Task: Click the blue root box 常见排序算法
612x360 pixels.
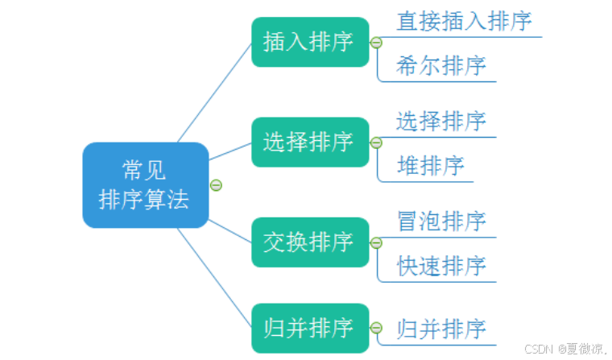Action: tap(146, 185)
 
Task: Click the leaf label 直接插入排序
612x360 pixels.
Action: tap(465, 21)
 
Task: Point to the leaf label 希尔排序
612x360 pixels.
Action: tap(441, 66)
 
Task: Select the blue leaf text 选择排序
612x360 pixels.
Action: tap(441, 122)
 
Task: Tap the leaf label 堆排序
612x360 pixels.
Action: tap(430, 166)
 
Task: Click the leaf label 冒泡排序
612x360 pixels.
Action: tap(441, 221)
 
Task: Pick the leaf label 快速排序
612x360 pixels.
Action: tap(441, 265)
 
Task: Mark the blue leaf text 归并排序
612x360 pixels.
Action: tap(441, 328)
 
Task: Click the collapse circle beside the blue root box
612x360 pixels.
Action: tap(216, 185)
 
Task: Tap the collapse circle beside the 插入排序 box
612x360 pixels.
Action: tap(376, 43)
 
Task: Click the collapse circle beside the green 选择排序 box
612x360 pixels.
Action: tap(376, 143)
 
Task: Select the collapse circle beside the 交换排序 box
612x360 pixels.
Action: tap(376, 242)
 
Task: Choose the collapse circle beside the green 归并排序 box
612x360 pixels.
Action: tap(376, 328)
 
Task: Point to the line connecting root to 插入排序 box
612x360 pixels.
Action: tap(215, 92)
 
